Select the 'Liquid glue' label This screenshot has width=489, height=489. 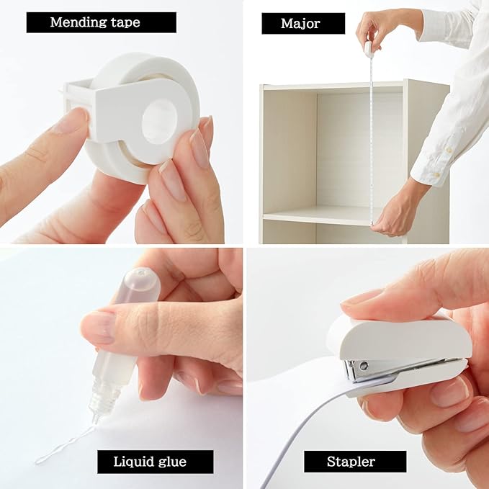155,461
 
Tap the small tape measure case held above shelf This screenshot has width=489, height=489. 369,49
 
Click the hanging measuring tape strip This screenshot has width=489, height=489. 371,137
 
